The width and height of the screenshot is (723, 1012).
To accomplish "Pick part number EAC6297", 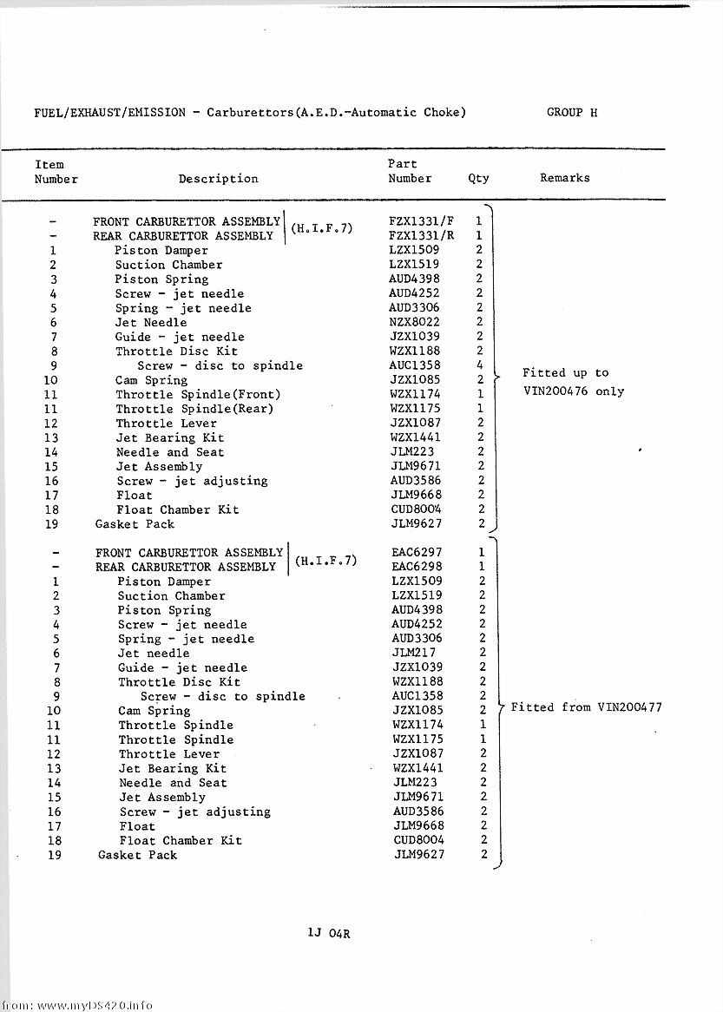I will click(x=417, y=552).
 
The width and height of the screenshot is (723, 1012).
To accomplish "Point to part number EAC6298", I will click(x=417, y=567).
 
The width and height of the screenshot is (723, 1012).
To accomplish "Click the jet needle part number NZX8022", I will click(x=414, y=322).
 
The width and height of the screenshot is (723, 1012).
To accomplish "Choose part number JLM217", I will click(x=413, y=653).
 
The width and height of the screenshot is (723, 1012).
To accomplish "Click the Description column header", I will click(x=218, y=179).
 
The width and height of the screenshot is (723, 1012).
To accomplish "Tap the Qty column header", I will click(x=478, y=178).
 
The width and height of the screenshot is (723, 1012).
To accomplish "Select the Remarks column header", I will click(x=564, y=178).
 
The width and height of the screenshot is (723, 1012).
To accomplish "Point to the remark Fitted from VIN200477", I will click(x=586, y=707).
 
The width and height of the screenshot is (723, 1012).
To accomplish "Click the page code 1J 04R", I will click(x=328, y=934).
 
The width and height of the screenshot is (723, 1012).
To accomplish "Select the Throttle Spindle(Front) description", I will click(x=198, y=394).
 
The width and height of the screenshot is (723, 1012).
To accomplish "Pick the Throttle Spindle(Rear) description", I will click(x=194, y=409).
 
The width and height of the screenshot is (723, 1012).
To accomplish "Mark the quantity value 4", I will click(x=479, y=365).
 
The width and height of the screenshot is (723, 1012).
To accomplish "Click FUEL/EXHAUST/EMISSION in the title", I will click(x=109, y=113).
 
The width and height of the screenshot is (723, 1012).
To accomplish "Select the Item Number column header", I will click(x=56, y=172).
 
